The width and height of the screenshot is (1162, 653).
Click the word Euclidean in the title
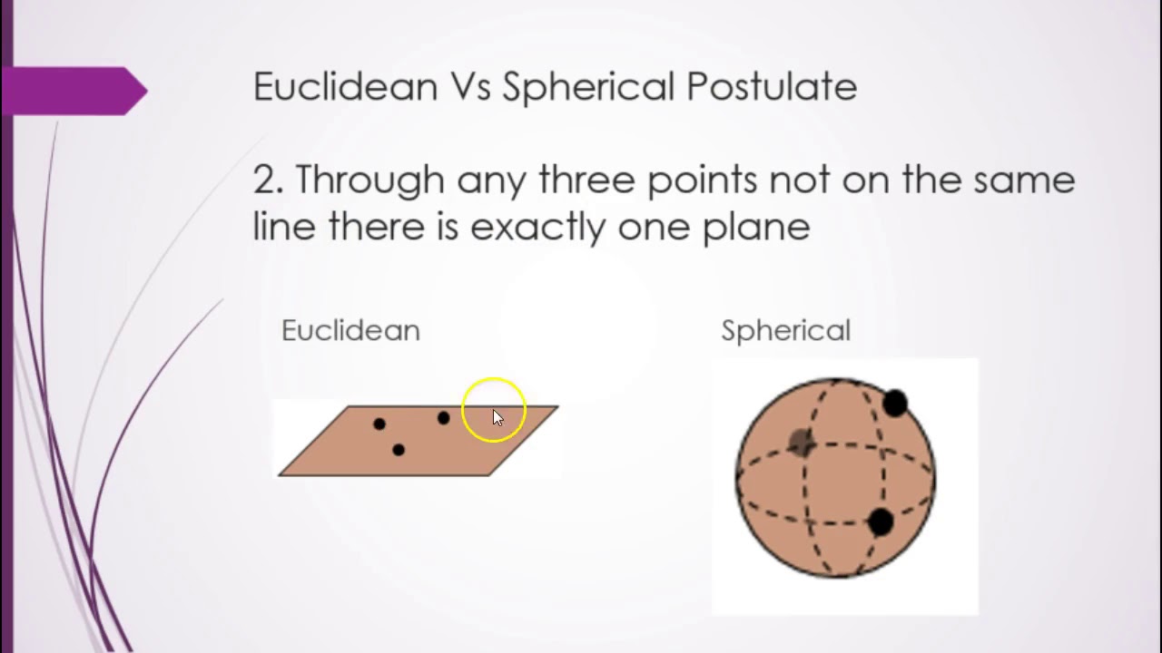coord(345,87)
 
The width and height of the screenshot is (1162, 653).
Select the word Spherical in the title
coord(588,87)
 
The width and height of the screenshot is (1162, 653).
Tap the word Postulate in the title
coord(771,87)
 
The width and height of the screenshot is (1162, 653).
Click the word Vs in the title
coord(469,87)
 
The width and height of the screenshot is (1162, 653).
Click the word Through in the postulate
coord(371,180)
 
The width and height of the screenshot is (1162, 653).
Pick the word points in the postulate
coord(703,180)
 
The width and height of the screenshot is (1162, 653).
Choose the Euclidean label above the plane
coord(350,330)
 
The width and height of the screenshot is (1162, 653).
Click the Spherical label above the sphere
coord(785,330)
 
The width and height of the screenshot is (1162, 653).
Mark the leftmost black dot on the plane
coord(379,424)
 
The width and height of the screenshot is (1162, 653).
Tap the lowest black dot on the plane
coord(398,450)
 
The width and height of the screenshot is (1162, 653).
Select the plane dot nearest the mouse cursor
coord(443,418)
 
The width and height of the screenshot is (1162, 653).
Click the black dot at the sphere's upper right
coord(894,404)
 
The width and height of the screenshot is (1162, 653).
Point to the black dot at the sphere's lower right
coord(881,521)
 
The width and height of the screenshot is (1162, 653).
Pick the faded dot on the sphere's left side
coord(801,442)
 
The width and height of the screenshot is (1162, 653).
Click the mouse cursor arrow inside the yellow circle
coord(497,417)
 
